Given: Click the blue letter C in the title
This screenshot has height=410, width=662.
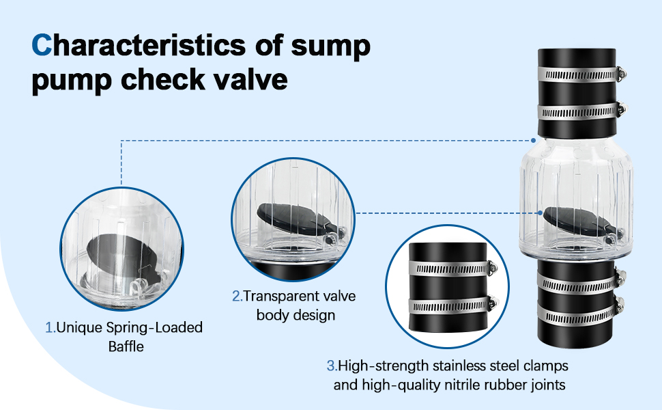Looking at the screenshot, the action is coord(42,45).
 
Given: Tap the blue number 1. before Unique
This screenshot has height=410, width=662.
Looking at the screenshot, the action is coord(51,327).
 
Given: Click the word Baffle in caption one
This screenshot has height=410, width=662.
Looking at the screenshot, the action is coord(126,346).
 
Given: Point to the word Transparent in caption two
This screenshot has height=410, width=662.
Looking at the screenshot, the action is coord(278,296).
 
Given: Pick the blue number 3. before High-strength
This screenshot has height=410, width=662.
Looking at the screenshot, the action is coord(332,366).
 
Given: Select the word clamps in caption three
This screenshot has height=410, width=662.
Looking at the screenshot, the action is coord(546,366).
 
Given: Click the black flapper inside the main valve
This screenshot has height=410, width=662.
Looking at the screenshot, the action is coord(579,221).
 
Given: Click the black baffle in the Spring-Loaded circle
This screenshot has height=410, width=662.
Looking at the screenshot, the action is coord(120,255).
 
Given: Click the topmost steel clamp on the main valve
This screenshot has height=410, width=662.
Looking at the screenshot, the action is coord(581,74).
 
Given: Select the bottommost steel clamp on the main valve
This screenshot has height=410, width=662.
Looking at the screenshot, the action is coord(580,312).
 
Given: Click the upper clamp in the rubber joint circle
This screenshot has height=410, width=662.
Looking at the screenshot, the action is coord(452,269).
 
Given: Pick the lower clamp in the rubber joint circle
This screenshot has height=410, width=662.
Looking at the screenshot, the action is coord(452,305).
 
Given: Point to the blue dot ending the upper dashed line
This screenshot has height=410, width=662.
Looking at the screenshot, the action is coord(533,140).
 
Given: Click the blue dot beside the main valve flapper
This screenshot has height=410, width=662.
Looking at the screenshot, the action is coord(540,213).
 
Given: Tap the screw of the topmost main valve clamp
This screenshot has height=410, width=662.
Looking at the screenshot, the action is coord(621,74).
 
